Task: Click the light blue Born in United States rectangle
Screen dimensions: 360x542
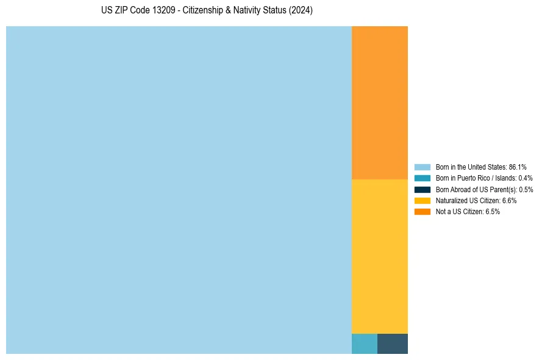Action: pos(179,190)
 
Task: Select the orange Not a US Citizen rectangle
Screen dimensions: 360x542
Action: pos(379,103)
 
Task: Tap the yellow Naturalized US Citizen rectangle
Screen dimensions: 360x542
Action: pos(379,256)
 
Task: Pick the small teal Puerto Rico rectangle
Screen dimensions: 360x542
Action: pos(364,344)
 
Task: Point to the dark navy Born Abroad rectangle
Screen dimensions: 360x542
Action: pos(392,344)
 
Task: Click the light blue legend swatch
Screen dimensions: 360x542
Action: pos(423,167)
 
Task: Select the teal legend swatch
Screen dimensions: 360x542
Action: pos(423,178)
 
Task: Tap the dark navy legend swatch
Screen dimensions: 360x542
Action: pos(423,189)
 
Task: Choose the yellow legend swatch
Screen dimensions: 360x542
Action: pos(423,200)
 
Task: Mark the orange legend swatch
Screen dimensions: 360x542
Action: pos(423,212)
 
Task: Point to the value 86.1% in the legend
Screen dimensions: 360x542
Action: pos(518,167)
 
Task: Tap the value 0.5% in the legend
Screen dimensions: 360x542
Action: pos(526,189)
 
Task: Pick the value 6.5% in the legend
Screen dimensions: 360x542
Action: pos(492,212)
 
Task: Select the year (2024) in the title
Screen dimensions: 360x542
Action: pos(301,11)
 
